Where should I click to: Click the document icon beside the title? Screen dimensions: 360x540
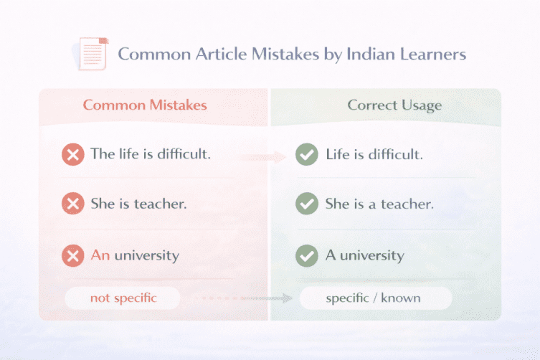91,54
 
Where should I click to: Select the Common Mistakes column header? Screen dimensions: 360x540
145,105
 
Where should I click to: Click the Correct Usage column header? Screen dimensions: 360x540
394,105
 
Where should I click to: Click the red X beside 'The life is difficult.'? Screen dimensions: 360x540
72,154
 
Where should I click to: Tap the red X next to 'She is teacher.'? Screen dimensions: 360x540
72,204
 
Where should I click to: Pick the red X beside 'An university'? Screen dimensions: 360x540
72,255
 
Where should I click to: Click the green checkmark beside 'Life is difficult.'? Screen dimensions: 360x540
307,154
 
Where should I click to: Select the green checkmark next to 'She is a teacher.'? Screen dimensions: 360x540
307,204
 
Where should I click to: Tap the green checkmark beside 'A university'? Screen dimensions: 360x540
307,255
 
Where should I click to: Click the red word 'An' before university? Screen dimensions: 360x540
100,255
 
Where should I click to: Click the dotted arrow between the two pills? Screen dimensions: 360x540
237,297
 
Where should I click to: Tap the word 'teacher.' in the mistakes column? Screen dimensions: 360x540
161,204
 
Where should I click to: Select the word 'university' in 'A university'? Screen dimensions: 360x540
372,255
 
